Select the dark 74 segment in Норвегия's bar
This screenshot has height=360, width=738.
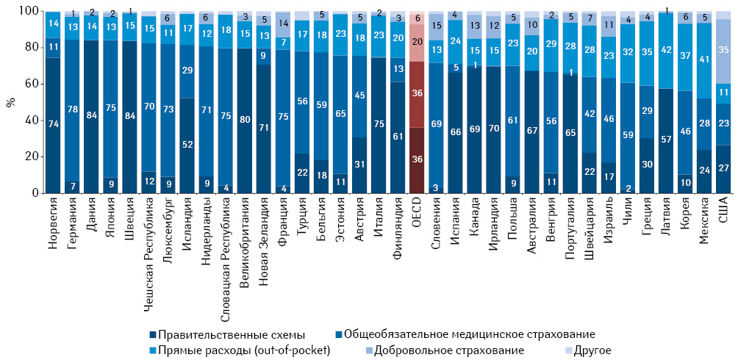(53, 126)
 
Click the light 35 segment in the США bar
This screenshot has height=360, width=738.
(723, 51)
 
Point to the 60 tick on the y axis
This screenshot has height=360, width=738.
(30, 84)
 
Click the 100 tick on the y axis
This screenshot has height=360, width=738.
(27, 12)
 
